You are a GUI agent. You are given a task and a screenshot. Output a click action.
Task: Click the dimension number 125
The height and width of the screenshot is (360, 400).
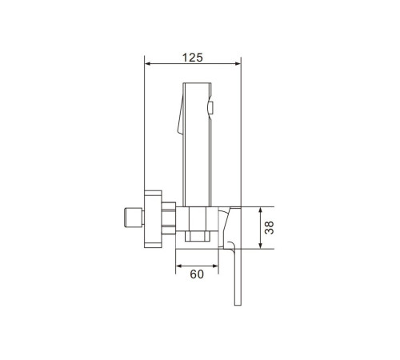pyautogui.click(x=192, y=58)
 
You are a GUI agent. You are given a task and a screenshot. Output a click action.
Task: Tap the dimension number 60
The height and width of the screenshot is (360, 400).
pyautogui.click(x=197, y=274)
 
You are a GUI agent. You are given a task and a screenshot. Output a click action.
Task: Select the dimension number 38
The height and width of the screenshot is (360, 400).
pyautogui.click(x=270, y=228)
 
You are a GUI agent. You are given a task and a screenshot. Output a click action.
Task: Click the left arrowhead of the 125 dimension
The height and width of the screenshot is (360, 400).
pyautogui.click(x=147, y=64)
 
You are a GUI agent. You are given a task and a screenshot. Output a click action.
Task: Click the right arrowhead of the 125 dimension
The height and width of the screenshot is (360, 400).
pyautogui.click(x=238, y=64)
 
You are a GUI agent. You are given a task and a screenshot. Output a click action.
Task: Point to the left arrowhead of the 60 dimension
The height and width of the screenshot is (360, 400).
pyautogui.click(x=178, y=266)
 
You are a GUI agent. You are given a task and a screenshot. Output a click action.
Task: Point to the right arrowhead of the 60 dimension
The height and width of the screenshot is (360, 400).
pyautogui.click(x=215, y=266)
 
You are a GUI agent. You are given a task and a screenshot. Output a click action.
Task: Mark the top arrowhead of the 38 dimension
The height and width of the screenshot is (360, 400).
pyautogui.click(x=261, y=210)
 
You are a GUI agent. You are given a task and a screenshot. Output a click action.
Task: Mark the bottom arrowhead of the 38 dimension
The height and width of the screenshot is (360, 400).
pyautogui.click(x=261, y=246)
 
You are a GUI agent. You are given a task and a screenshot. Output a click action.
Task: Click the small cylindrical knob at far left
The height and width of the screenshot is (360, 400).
pyautogui.click(x=134, y=218)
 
